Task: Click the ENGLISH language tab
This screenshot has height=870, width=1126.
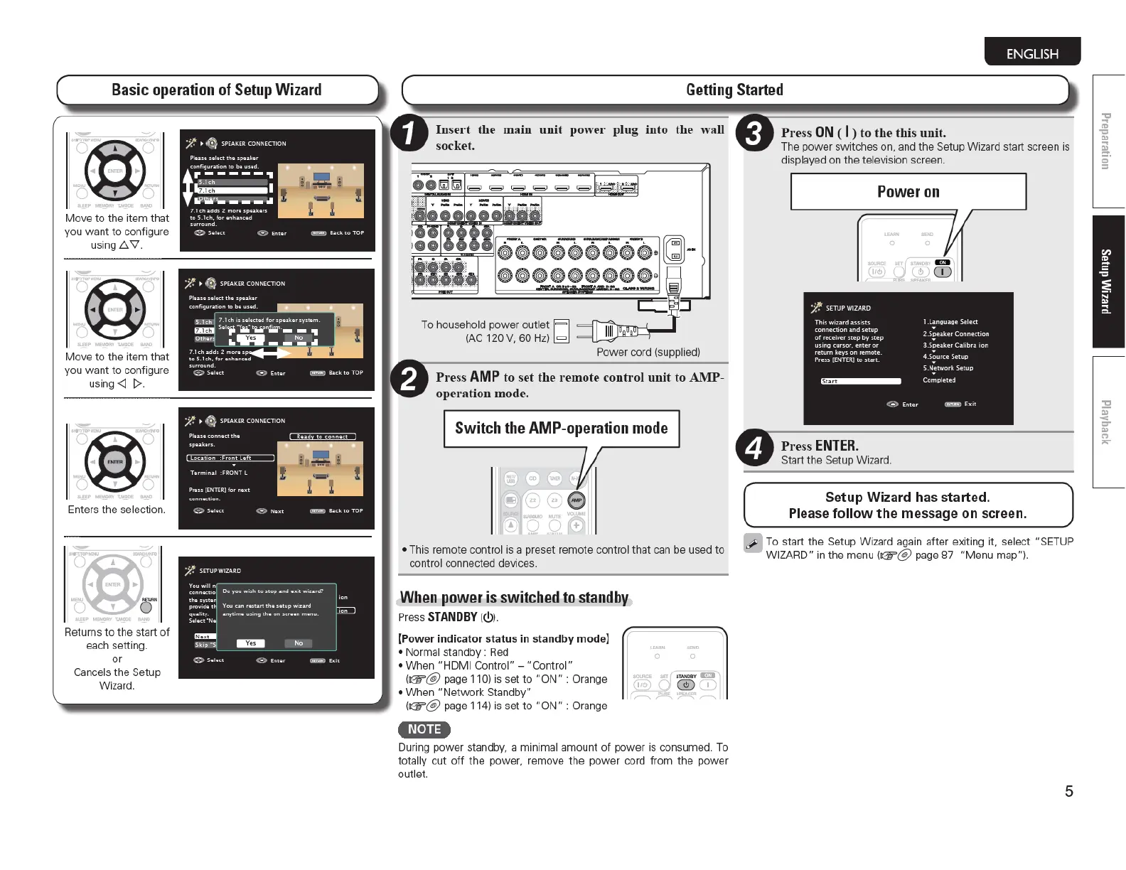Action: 1032,53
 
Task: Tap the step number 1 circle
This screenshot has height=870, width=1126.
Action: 409,134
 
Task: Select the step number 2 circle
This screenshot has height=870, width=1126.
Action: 409,379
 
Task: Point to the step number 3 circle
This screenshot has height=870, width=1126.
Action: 754,133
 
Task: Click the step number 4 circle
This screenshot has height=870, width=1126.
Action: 754,448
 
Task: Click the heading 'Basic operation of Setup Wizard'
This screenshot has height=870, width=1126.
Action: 217,90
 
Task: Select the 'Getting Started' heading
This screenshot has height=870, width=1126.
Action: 734,90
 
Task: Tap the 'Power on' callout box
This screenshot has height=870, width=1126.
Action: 908,192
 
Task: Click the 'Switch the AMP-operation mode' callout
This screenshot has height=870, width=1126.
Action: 561,428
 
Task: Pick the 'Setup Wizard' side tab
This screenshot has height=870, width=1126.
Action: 1107,281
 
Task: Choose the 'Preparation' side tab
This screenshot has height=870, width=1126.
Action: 1107,141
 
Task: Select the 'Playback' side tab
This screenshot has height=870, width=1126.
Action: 1107,422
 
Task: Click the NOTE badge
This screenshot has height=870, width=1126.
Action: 424,729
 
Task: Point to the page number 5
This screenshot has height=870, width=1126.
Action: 1068,791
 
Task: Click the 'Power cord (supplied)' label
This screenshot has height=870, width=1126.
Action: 648,352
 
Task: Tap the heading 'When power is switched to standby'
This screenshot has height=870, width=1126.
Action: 514,597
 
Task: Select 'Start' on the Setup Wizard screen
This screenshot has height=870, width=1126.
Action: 860,382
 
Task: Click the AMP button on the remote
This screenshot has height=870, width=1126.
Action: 577,500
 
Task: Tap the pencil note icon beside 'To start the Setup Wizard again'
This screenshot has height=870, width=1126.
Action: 753,543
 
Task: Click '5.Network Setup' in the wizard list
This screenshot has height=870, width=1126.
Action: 948,368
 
